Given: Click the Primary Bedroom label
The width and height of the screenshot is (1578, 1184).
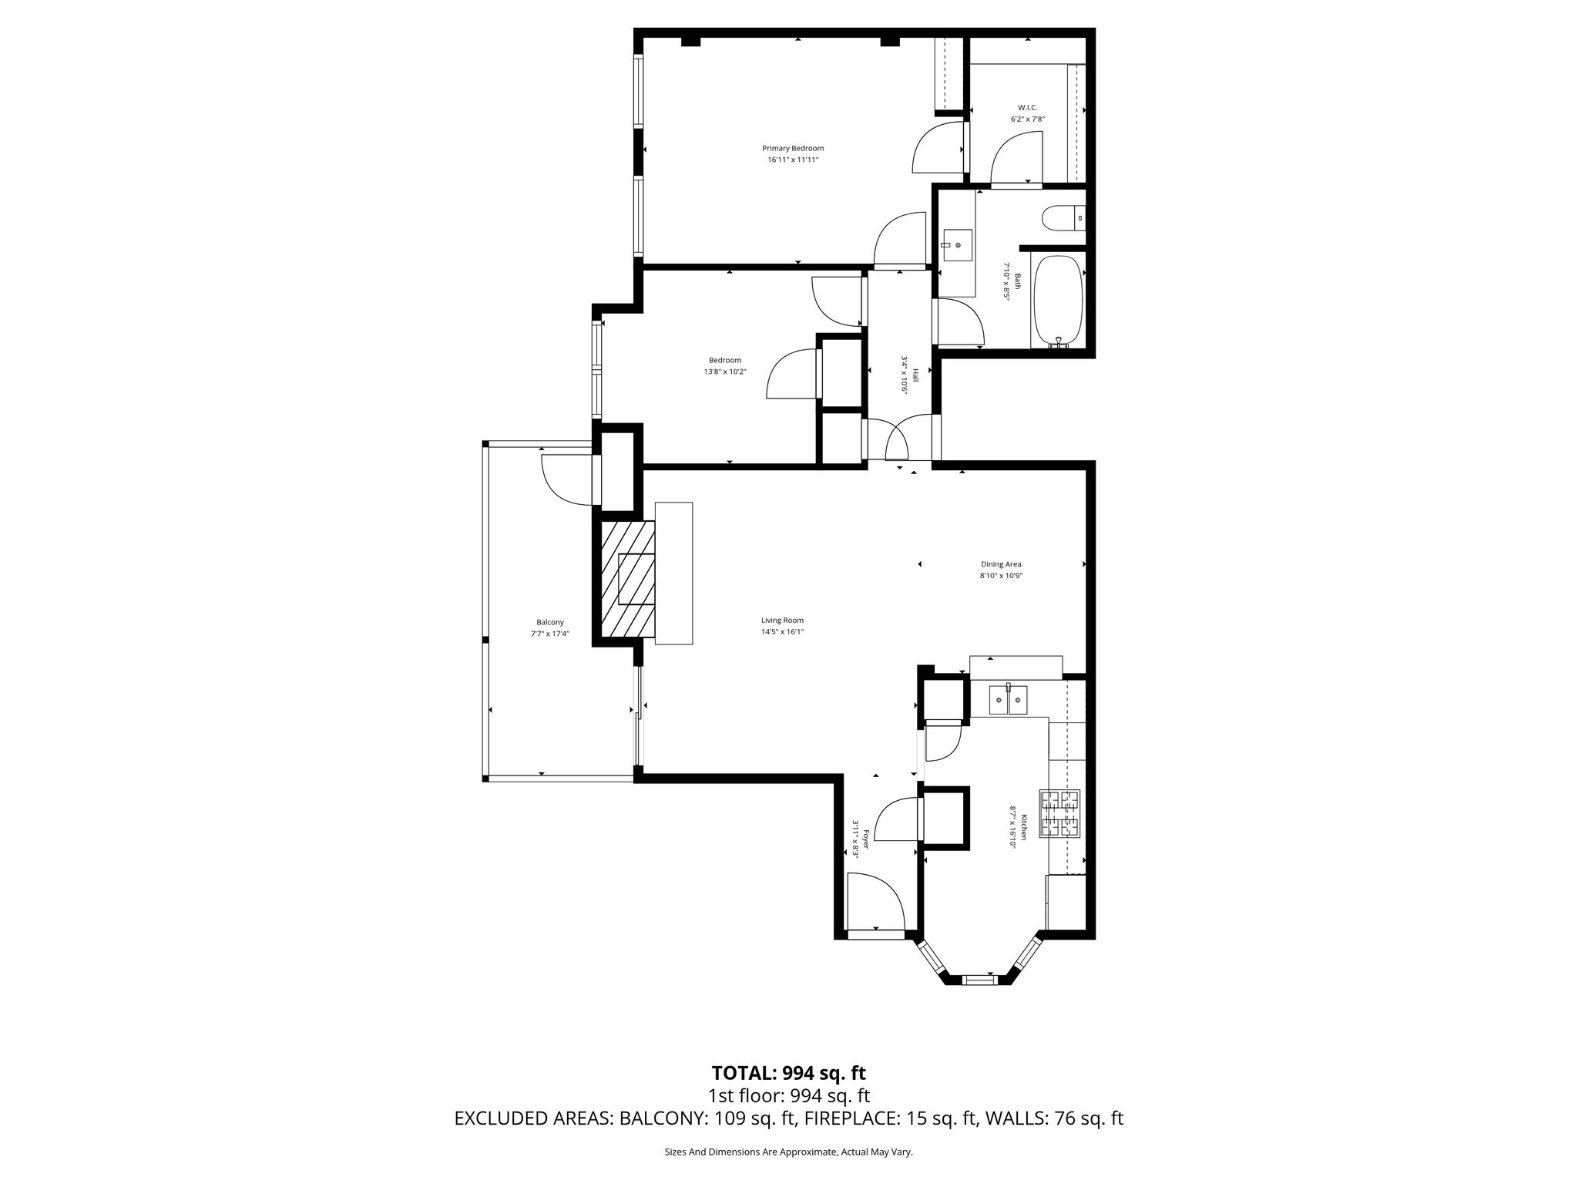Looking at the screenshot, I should tap(792, 149).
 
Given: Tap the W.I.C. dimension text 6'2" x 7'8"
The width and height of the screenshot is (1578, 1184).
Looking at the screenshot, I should tap(1027, 119).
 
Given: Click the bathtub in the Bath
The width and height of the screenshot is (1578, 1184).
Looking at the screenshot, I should tap(1058, 301).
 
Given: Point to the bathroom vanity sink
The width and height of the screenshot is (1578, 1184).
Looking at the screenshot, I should tap(956, 245).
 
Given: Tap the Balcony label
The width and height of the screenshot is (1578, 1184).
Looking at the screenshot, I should tap(549, 622).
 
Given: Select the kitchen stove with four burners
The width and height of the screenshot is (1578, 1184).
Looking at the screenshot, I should tap(1060, 814).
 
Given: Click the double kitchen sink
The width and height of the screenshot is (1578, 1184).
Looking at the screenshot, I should tap(1008, 700).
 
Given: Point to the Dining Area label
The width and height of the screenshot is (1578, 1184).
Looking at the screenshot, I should tap(1000, 564).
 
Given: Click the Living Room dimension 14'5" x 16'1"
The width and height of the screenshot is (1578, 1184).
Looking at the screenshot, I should tap(782, 631).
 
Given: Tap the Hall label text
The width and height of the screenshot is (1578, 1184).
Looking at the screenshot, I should tap(915, 375).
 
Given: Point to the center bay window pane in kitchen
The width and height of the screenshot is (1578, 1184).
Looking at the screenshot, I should tap(980, 980).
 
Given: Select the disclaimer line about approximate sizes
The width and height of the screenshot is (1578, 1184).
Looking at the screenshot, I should tap(788, 1152).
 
